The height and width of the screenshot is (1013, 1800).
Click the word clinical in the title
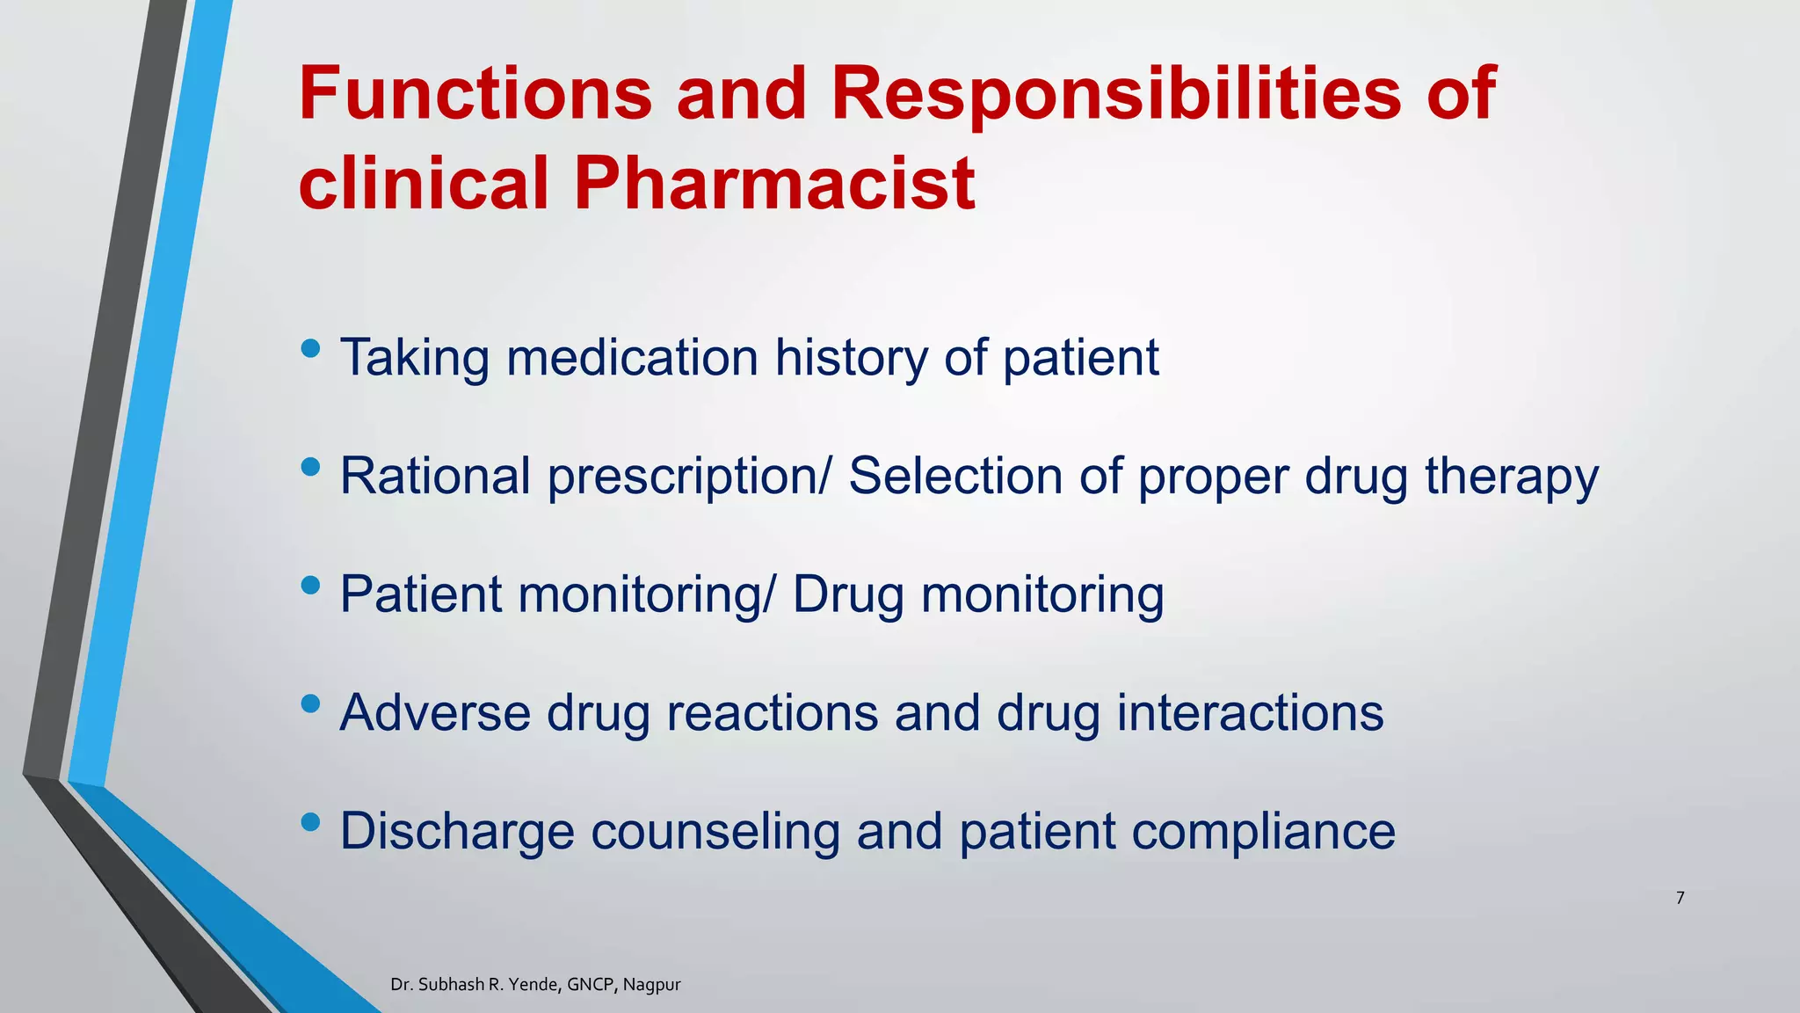click(x=424, y=183)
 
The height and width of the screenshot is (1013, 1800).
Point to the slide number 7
click(x=1680, y=898)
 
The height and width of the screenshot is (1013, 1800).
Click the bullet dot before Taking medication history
click(x=310, y=349)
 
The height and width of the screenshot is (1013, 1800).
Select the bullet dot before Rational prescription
click(x=310, y=467)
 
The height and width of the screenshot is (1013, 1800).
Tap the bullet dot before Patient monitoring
click(x=310, y=586)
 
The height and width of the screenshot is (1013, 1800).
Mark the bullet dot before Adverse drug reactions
click(x=310, y=703)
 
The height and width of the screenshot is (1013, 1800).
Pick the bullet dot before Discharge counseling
click(x=310, y=822)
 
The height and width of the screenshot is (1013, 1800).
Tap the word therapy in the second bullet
click(x=1511, y=477)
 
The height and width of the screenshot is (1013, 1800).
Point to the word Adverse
click(x=435, y=712)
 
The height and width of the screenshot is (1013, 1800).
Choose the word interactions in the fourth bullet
click(x=1250, y=712)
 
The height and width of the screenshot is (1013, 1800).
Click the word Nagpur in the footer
click(x=652, y=985)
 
